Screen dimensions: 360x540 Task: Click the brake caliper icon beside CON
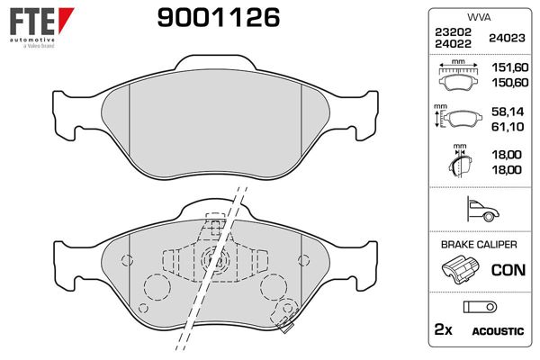[x=461, y=268]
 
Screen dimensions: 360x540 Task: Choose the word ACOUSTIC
[x=498, y=331]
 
